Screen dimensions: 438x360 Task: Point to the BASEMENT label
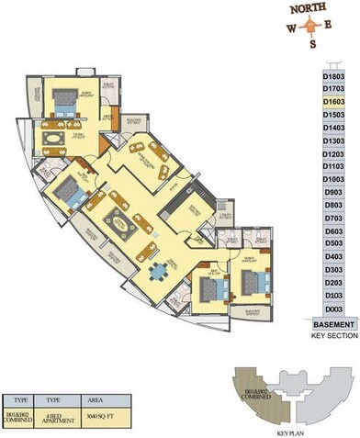coord(332,325)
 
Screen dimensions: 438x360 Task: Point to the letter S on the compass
coord(312,44)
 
